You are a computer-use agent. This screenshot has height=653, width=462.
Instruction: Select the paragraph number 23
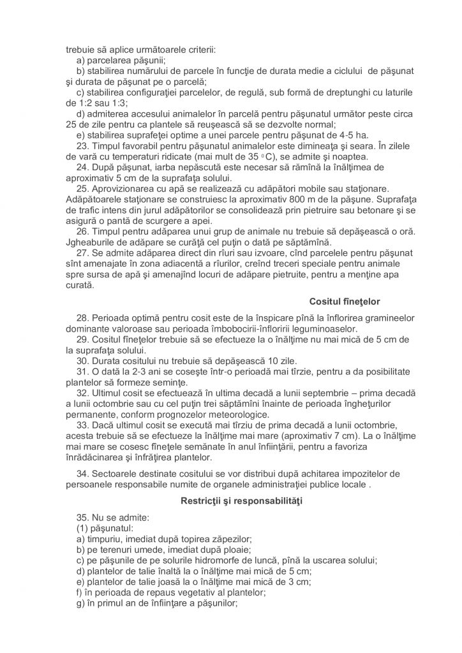pyautogui.click(x=83, y=145)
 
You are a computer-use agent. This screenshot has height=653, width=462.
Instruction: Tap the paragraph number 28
pyautogui.click(x=83, y=318)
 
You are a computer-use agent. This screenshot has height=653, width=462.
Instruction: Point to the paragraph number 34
pyautogui.click(x=83, y=474)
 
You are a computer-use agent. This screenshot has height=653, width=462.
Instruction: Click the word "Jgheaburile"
pyautogui.click(x=94, y=242)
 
